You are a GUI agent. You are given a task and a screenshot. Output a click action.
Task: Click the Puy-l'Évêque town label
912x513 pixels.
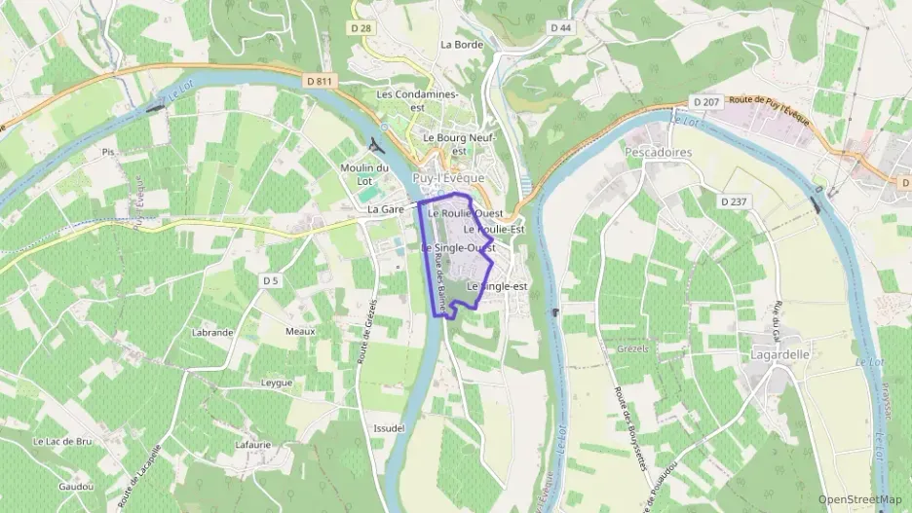450,179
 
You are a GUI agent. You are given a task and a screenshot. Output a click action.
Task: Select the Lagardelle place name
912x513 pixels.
780,355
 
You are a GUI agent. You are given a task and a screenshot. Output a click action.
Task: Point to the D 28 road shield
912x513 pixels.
361,28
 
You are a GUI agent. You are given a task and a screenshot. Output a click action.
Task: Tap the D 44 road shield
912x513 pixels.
560,28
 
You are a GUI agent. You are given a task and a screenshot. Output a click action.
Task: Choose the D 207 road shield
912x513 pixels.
705,101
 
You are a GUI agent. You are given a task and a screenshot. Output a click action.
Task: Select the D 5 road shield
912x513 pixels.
270,280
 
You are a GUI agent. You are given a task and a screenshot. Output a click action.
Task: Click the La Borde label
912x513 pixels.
462,45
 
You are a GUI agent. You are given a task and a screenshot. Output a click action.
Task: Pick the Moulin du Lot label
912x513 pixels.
364,174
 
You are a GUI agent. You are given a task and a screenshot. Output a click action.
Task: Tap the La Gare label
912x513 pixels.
386,209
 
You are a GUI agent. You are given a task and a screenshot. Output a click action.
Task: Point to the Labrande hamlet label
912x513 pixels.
213,332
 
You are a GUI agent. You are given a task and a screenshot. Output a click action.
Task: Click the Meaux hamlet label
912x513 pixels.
300,331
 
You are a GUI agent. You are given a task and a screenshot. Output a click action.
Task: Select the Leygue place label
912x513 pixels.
277,383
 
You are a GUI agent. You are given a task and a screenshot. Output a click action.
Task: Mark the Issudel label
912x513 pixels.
389,428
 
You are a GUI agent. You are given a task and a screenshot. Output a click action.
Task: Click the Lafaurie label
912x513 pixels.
253,445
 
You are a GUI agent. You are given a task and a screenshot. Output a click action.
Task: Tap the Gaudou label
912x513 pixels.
75,487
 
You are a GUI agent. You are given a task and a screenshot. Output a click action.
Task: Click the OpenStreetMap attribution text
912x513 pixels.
859,499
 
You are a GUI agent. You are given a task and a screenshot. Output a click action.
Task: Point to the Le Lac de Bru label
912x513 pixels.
62,441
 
